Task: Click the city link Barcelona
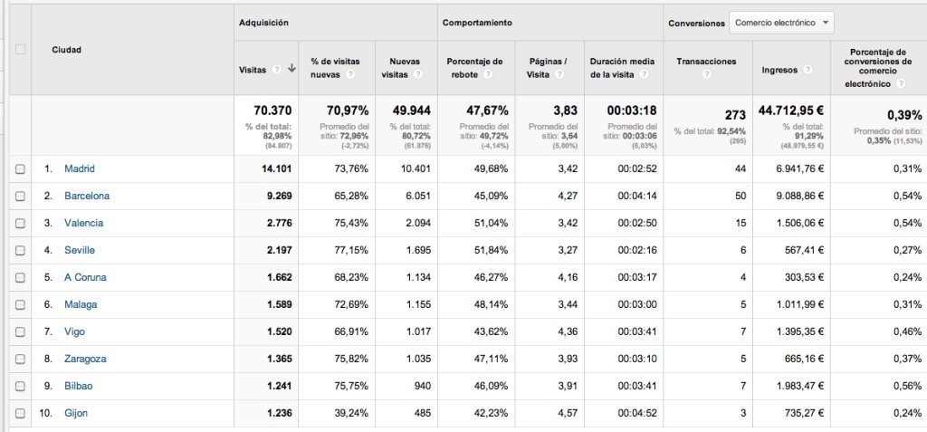[x=86, y=196]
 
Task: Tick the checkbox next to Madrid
[x=20, y=168]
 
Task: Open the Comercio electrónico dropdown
[x=781, y=23]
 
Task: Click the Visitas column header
[x=253, y=68]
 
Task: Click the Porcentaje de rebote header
[x=474, y=68]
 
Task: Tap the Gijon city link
[x=76, y=413]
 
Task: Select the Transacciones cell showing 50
[x=740, y=196]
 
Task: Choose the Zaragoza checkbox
[x=20, y=359]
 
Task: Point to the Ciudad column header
[x=67, y=50]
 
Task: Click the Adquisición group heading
[x=263, y=23]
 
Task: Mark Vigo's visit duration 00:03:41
[x=636, y=331]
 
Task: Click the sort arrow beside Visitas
[x=291, y=68]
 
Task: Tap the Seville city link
[x=80, y=250]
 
